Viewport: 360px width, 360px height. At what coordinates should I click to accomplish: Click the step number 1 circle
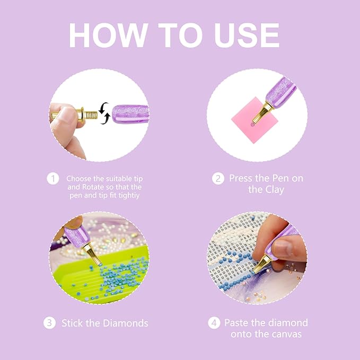(x=52, y=178)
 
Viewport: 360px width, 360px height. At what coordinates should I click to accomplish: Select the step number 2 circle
(x=218, y=178)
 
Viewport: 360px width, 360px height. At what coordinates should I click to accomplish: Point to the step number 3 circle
(x=49, y=323)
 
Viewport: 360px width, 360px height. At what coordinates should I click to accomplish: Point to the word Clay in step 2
(x=274, y=189)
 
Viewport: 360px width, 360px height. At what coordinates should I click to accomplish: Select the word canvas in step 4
(x=287, y=334)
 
